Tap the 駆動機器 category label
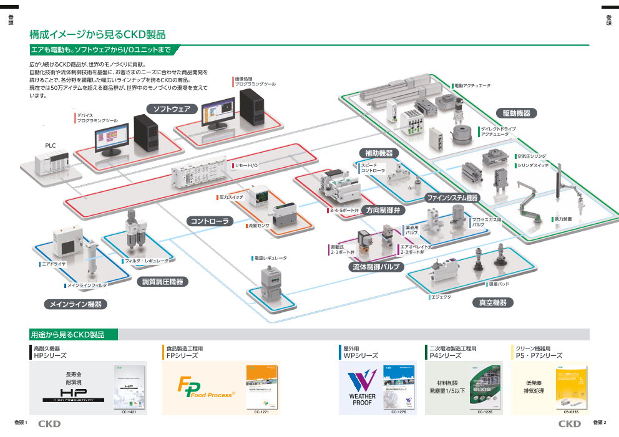click(x=517, y=113)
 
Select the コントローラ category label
click(x=210, y=221)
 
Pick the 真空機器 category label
click(x=493, y=302)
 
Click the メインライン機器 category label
click(x=76, y=304)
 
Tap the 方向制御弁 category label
click(x=383, y=210)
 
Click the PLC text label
click(x=51, y=145)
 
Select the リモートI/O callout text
click(x=246, y=165)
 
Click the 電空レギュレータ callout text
click(x=270, y=257)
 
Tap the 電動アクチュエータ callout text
click(x=472, y=85)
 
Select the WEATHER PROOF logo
click(x=362, y=388)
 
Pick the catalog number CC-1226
click(x=485, y=412)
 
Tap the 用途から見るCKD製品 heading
click(x=67, y=335)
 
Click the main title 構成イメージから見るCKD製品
click(x=97, y=35)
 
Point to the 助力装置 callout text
click(x=563, y=219)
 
